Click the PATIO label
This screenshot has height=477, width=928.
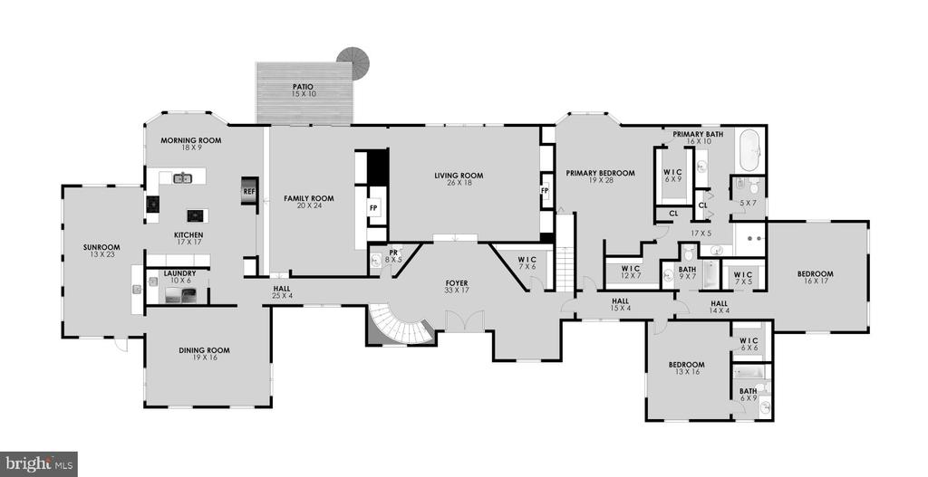point(302,87)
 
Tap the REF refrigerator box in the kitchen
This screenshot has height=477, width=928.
point(248,192)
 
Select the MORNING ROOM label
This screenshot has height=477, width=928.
point(191,140)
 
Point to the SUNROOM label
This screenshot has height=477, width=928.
point(101,247)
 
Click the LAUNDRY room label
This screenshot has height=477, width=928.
point(180,273)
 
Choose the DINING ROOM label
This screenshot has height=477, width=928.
point(204,350)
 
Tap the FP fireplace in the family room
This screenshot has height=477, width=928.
point(373,208)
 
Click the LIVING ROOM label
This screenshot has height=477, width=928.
point(459,176)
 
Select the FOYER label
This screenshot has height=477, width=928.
point(457,283)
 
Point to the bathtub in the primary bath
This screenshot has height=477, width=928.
point(749,150)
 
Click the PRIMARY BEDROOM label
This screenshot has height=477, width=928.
point(600,173)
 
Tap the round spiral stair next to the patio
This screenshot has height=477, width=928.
point(354,60)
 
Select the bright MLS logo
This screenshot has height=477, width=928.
point(38,463)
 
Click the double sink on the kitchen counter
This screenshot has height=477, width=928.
point(183,177)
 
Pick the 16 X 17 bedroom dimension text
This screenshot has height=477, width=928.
point(815,281)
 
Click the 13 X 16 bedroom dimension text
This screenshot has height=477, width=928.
point(686,372)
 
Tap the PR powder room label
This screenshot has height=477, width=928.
point(393,253)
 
